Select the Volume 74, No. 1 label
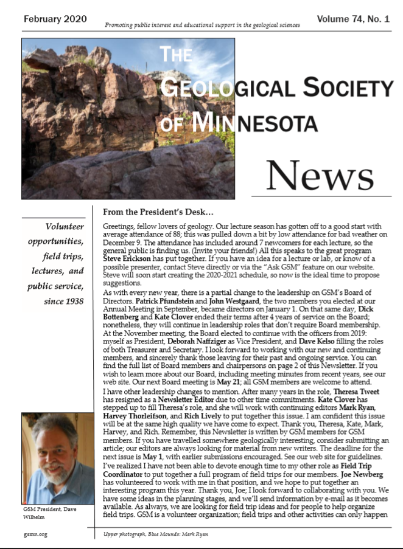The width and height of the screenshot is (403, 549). point(352,19)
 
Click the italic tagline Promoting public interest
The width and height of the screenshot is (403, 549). point(201,26)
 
